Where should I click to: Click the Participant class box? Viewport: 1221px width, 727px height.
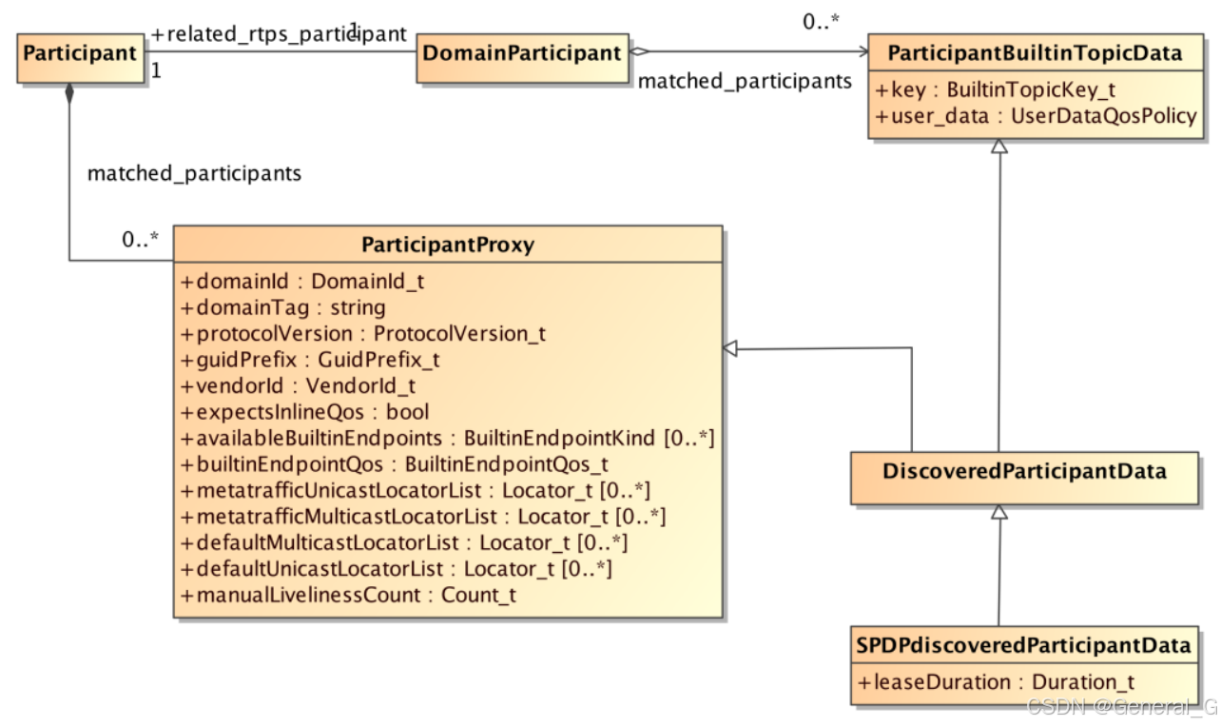click(x=80, y=53)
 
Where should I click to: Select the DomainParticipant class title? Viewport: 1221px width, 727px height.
click(x=521, y=53)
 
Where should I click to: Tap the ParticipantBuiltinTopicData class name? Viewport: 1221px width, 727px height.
click(x=1035, y=54)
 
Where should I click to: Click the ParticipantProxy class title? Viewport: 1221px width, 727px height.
click(x=448, y=245)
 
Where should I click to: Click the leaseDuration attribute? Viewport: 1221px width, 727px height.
click(x=996, y=682)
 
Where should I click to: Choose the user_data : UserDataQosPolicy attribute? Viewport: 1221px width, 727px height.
click(x=1036, y=116)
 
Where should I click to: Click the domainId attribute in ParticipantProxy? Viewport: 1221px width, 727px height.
click(x=301, y=282)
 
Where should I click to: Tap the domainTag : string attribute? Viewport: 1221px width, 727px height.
click(x=282, y=307)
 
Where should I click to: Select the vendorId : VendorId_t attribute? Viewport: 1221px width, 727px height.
click(x=298, y=385)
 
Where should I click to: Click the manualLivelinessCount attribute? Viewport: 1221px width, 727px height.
click(x=348, y=595)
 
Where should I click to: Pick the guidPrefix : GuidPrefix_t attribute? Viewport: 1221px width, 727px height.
click(x=309, y=360)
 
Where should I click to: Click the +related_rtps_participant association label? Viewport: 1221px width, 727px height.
click(x=279, y=33)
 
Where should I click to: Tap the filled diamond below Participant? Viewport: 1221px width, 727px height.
click(x=68, y=93)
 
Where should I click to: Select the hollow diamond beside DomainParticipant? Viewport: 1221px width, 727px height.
click(x=637, y=53)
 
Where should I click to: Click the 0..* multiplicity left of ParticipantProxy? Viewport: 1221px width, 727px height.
click(x=139, y=241)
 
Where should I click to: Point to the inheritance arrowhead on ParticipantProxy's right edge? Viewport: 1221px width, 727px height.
click(x=730, y=348)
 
